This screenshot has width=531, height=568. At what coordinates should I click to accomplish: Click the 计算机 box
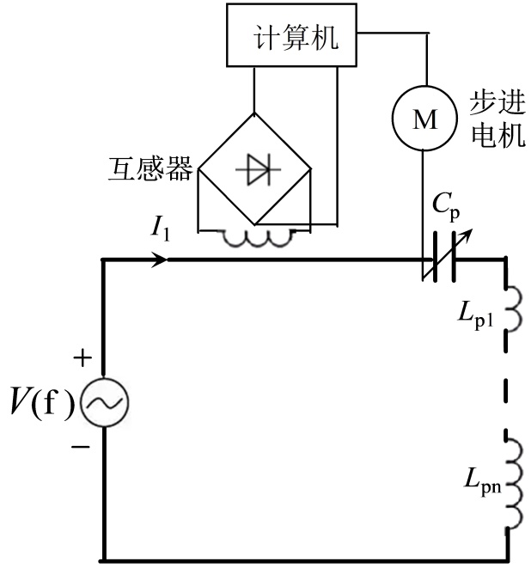pyautogui.click(x=291, y=40)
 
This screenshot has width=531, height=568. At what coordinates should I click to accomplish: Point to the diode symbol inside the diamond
pyautogui.click(x=253, y=170)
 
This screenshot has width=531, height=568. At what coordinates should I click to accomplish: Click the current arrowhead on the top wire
pyautogui.click(x=159, y=258)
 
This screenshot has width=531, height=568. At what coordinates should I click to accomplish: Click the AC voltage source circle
pyautogui.click(x=103, y=400)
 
